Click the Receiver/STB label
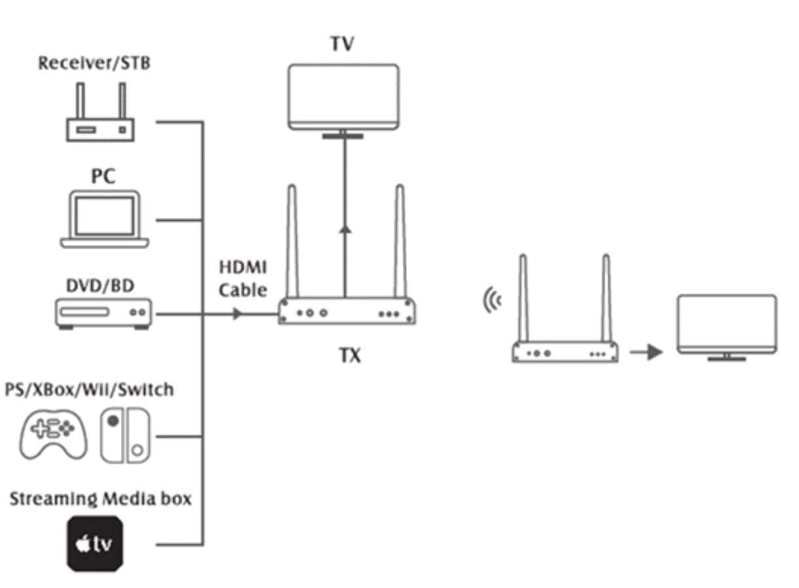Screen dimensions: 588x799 pyautogui.click(x=95, y=63)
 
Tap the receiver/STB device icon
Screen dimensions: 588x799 pyautogui.click(x=100, y=128)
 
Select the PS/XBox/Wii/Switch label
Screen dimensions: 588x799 pyautogui.click(x=89, y=389)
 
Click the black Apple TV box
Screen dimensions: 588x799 pyautogui.click(x=95, y=544)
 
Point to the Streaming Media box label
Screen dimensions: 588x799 pyautogui.click(x=101, y=498)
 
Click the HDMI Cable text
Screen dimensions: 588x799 pyautogui.click(x=243, y=280)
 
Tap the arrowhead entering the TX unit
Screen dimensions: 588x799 pyautogui.click(x=237, y=314)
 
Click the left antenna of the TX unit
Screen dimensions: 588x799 pyautogui.click(x=292, y=242)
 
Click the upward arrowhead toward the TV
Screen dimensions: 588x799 pyautogui.click(x=345, y=229)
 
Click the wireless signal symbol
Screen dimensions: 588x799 pyautogui.click(x=492, y=301)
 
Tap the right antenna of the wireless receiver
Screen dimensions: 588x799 pyautogui.click(x=605, y=297)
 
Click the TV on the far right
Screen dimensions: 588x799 pyautogui.click(x=726, y=325)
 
